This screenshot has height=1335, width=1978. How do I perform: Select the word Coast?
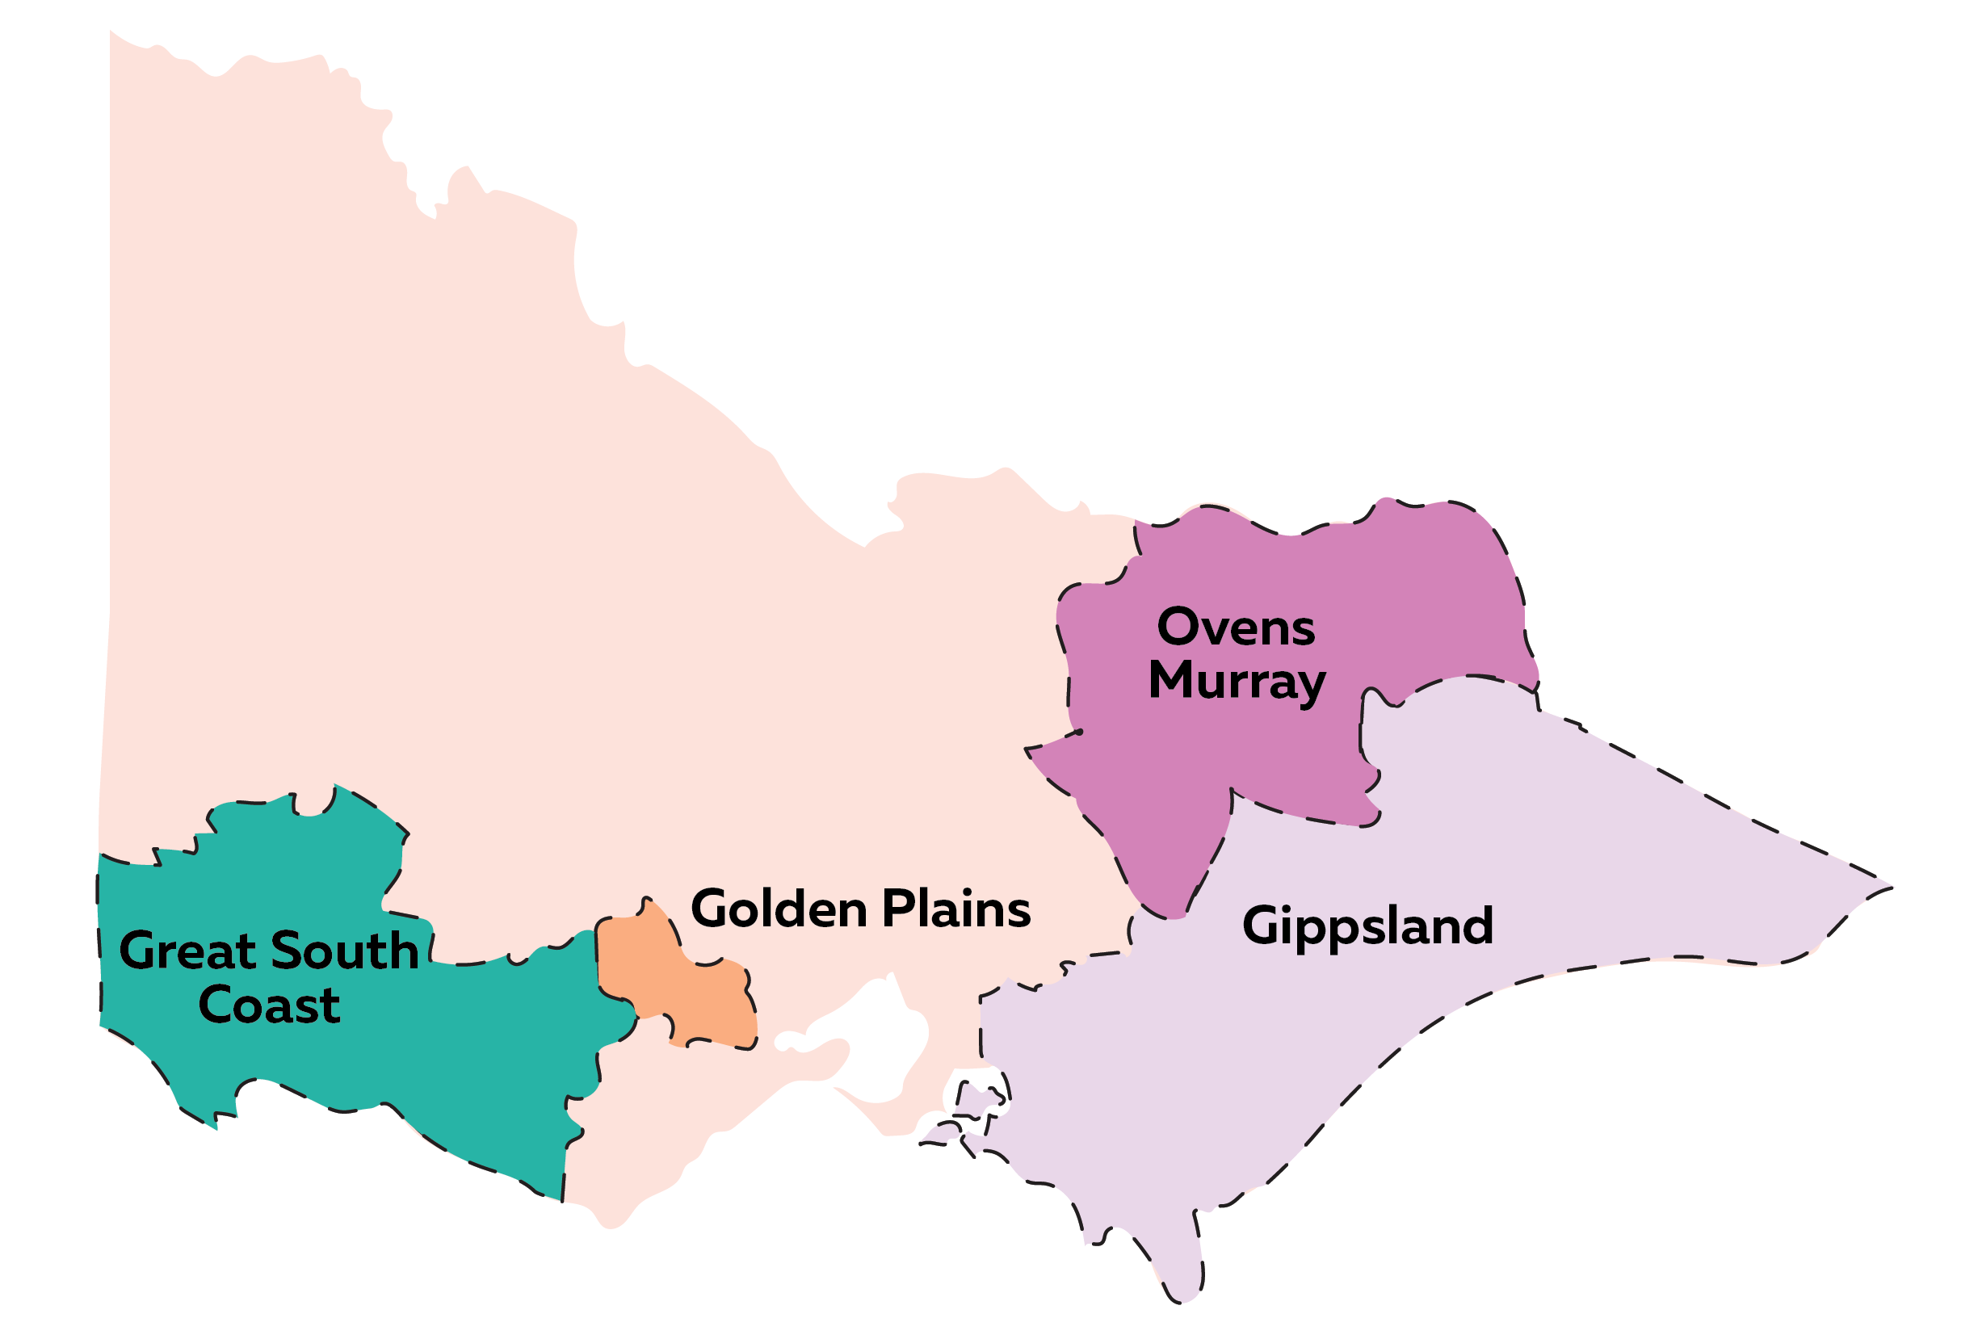(269, 1005)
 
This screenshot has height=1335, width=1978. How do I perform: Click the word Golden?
(778, 909)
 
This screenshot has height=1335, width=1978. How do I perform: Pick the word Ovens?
(1236, 629)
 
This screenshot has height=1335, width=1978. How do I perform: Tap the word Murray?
(1237, 682)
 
